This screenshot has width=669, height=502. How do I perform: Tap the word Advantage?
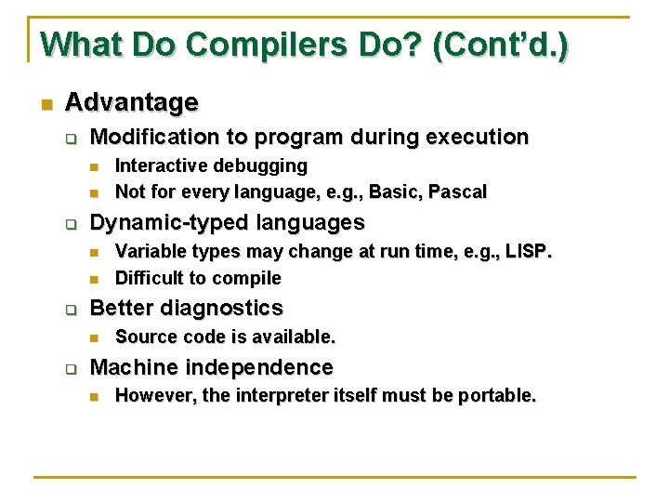click(x=132, y=101)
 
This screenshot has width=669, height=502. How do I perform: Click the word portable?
click(x=499, y=396)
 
